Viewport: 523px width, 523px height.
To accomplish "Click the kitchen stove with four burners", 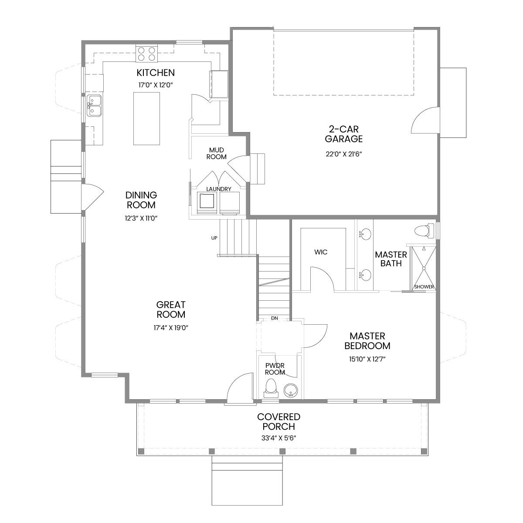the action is click(146, 54).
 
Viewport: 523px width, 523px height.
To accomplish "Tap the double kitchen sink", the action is click(94, 106).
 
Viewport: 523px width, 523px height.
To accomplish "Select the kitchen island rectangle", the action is click(146, 119).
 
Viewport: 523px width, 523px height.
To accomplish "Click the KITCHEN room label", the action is click(156, 73).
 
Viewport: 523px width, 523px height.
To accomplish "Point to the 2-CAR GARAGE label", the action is click(343, 134).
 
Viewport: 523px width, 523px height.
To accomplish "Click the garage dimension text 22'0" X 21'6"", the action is click(344, 154).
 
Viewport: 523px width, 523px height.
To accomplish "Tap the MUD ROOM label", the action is click(216, 153).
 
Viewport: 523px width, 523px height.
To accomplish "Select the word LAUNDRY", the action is click(218, 189).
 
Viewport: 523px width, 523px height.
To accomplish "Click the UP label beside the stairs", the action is click(214, 238).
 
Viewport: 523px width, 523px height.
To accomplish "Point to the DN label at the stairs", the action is click(275, 318).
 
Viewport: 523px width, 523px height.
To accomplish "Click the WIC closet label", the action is click(321, 252).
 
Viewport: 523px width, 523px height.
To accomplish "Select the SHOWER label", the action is click(424, 287).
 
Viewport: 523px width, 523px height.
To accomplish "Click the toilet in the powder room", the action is click(271, 387).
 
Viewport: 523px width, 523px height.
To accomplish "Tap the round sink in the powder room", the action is click(291, 391).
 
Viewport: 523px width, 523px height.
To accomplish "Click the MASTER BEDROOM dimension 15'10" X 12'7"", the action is click(367, 359).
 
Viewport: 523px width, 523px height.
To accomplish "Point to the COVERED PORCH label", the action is click(278, 421).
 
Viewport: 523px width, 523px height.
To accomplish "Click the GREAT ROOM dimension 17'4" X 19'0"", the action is click(171, 328).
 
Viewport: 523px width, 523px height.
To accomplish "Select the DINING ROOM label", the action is click(141, 200).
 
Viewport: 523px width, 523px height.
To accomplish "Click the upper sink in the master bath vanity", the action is click(365, 234).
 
